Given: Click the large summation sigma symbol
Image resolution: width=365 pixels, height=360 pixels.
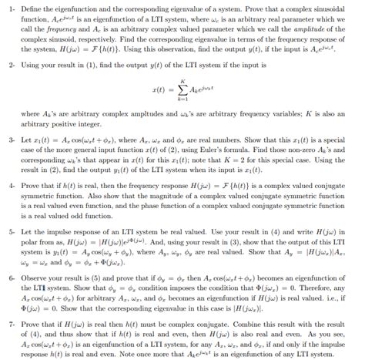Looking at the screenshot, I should click(179, 93).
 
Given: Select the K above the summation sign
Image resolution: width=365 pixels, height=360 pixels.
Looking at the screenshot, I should click(179, 80).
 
